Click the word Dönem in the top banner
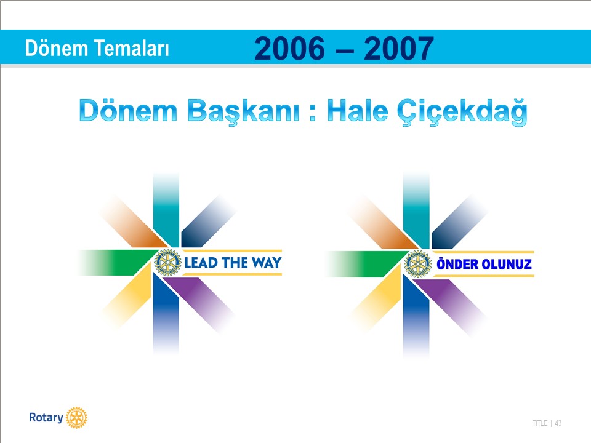pyautogui.click(x=57, y=48)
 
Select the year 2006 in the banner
pyautogui.click(x=289, y=48)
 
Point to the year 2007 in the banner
pyautogui.click(x=399, y=48)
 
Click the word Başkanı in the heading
pyautogui.click(x=244, y=111)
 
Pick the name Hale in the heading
pyautogui.click(x=358, y=111)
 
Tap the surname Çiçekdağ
pyautogui.click(x=462, y=112)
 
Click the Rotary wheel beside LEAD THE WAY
pyautogui.click(x=167, y=263)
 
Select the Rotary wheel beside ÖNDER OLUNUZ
pyautogui.click(x=417, y=264)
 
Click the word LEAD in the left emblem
pyautogui.click(x=201, y=263)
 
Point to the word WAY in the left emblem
pyautogui.click(x=267, y=263)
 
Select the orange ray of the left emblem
pyautogui.click(x=134, y=221)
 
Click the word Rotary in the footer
pyautogui.click(x=46, y=418)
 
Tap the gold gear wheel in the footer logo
pyautogui.click(x=76, y=418)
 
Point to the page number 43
pyautogui.click(x=558, y=423)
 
